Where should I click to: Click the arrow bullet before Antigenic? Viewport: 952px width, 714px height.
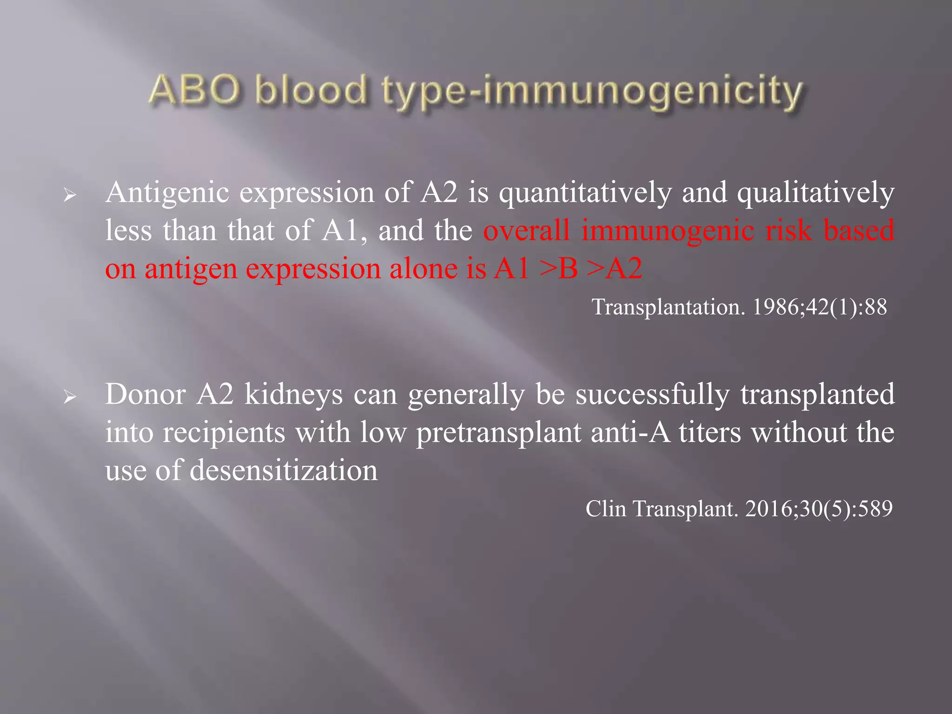70,195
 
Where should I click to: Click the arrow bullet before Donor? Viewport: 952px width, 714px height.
70,397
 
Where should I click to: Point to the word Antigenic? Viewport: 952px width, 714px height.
167,193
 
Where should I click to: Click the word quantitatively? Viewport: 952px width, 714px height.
585,193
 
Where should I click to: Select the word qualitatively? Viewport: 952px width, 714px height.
815,193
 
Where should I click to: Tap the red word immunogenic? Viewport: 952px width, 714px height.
668,231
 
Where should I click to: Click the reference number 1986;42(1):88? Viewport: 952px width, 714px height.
820,307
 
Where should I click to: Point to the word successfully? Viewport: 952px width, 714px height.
653,395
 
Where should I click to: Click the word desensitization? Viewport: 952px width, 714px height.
284,470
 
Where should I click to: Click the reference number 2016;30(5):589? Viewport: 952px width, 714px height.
819,509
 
